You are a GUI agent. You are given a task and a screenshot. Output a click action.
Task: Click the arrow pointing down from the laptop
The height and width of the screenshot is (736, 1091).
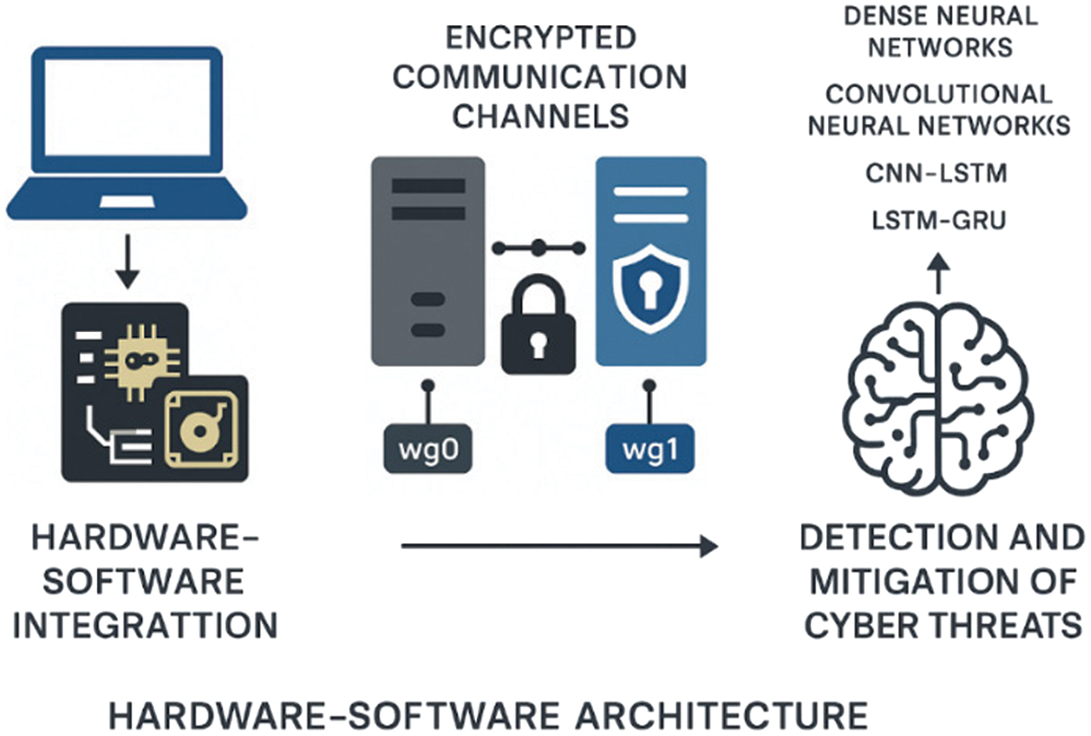pos(128,260)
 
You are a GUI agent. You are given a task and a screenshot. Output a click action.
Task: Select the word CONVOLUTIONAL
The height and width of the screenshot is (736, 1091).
pos(938,94)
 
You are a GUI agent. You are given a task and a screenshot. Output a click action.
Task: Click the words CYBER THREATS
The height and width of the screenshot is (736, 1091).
pos(943,624)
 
